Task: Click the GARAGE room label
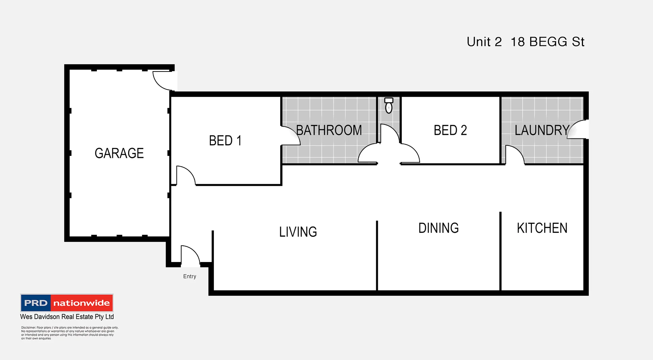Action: [119, 153]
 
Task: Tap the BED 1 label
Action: [225, 141]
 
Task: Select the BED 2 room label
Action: [450, 130]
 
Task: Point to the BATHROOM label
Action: [329, 130]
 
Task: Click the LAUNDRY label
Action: [542, 130]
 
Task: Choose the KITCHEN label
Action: [542, 228]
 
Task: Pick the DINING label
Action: [438, 228]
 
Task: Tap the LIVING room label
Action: [298, 232]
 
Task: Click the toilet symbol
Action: [389, 105]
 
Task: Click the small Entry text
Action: [189, 276]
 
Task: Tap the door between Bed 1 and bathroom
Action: [290, 136]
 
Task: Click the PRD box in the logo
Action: [36, 303]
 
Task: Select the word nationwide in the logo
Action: [82, 303]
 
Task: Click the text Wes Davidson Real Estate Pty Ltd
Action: [67, 317]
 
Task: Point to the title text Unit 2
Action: [484, 42]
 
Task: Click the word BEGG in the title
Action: [548, 42]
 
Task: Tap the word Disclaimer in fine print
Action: [29, 328]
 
